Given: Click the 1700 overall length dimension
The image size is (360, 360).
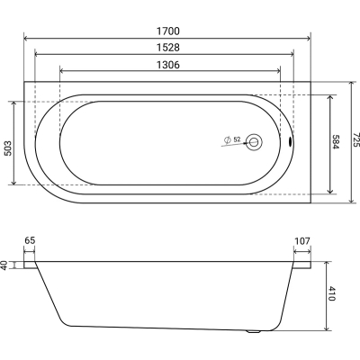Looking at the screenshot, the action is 168,31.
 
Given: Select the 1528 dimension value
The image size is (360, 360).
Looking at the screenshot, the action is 168,48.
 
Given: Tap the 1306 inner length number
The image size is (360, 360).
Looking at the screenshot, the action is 168,65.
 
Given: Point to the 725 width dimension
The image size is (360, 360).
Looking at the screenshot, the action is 355,139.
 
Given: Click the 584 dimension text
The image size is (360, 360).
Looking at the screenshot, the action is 337,142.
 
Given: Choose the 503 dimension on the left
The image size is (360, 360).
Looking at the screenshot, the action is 7,148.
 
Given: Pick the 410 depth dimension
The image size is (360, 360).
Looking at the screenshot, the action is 332,293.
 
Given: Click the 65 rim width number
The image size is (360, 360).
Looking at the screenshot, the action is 30,240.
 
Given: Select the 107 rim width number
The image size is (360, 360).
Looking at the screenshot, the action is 302,240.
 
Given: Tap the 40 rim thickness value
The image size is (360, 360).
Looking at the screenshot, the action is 4,265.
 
